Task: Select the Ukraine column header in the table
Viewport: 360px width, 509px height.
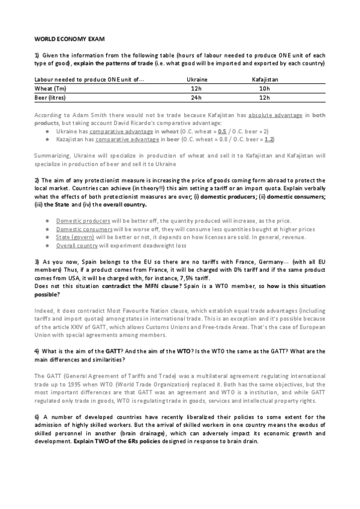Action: [197, 79]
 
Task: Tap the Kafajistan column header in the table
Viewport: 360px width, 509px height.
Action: [265, 79]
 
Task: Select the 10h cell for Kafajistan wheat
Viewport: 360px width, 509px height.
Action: [265, 88]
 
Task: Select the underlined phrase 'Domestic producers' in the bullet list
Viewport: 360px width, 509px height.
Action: [82, 204]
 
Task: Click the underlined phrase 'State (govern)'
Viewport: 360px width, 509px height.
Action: [75, 221]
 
